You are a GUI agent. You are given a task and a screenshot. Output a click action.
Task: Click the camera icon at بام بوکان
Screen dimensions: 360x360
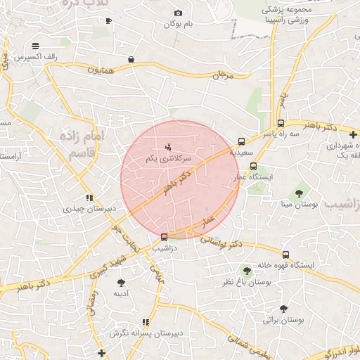click(x=178, y=13)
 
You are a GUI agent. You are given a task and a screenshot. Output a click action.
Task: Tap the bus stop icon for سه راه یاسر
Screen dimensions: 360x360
click(x=281, y=123)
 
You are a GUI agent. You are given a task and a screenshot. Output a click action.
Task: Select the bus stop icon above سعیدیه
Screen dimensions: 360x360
click(x=242, y=141)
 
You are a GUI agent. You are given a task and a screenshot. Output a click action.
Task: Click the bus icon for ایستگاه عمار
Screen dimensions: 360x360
click(x=254, y=167)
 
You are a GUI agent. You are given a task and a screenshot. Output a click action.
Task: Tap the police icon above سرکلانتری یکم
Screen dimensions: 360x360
click(x=167, y=148)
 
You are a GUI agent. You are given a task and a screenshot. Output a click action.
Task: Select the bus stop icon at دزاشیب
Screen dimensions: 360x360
click(x=165, y=237)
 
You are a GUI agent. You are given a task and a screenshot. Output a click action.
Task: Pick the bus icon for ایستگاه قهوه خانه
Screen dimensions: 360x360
click(x=285, y=255)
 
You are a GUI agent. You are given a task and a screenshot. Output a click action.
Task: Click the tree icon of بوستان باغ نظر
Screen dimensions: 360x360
click(x=246, y=270)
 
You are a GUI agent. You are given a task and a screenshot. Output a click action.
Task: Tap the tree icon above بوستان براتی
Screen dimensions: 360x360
click(x=283, y=308)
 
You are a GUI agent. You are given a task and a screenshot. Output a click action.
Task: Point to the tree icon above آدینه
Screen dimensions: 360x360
click(x=121, y=282)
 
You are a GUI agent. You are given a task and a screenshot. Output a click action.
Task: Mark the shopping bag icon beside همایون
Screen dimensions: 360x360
click(x=131, y=60)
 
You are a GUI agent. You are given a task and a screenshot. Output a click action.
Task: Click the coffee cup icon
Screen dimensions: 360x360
click(x=108, y=21)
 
